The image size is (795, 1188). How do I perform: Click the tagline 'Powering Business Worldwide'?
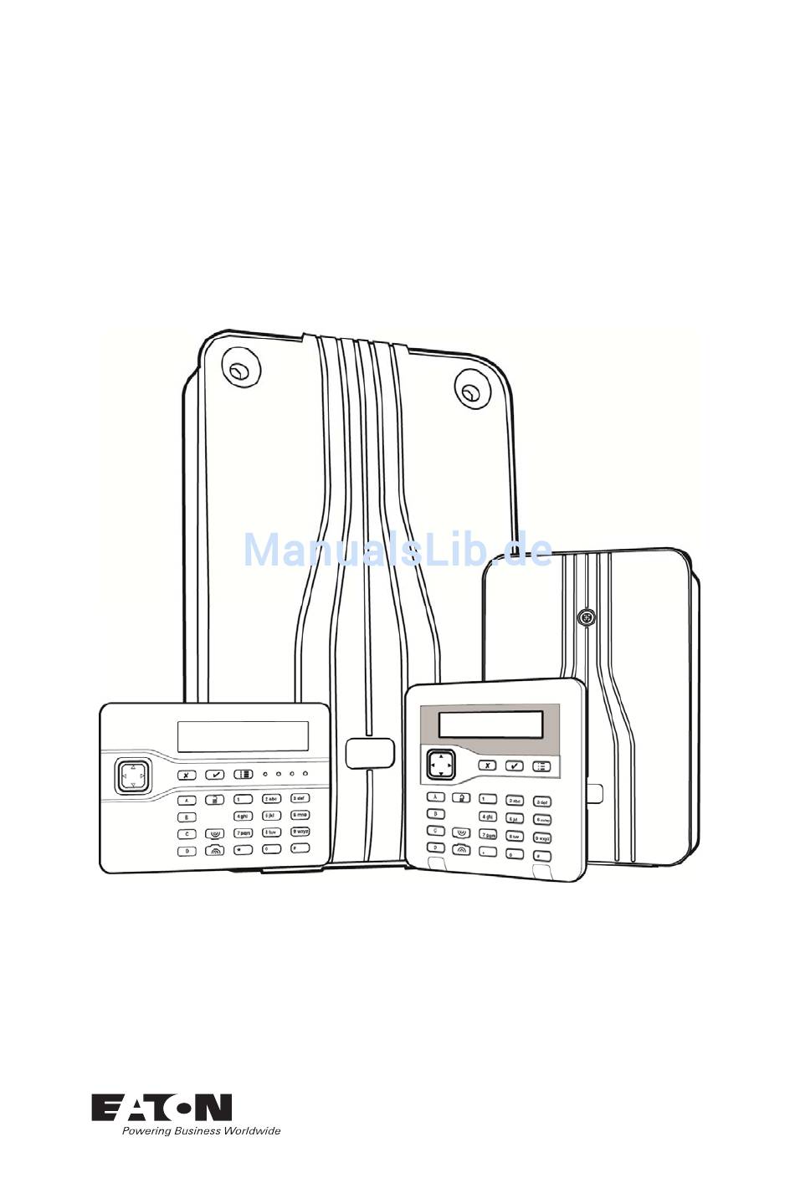pos(201,1131)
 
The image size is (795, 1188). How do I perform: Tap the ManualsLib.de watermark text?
pos(397,550)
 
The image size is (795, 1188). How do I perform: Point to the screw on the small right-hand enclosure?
pos(587,617)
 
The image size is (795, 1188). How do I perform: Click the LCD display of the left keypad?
pos(243,735)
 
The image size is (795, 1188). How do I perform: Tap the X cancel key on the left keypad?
pos(187,776)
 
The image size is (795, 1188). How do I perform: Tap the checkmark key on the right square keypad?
pos(515,766)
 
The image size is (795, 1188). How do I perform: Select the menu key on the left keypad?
pos(244,775)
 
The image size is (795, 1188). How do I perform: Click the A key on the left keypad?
pos(187,801)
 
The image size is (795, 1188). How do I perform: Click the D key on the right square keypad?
pos(435,848)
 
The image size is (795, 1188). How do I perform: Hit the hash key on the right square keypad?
pos(541,857)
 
